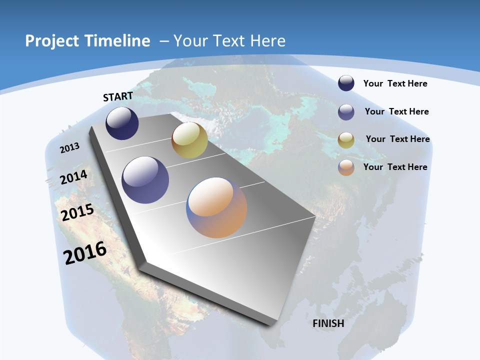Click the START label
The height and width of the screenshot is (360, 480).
118,96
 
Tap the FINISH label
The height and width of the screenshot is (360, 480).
328,323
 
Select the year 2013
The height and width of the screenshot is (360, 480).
70,148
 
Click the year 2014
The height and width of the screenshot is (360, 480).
74,177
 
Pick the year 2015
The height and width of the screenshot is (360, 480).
77,212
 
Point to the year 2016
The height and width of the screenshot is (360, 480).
85,252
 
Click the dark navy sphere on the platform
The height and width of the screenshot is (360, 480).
122,123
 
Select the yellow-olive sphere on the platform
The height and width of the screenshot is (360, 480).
189,140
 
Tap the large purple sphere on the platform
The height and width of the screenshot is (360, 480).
145,180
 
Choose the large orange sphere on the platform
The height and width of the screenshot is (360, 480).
216,207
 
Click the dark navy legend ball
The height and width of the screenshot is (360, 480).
346,83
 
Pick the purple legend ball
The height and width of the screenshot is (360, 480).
346,112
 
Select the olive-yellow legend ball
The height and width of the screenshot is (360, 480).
346,140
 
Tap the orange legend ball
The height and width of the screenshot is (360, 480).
346,167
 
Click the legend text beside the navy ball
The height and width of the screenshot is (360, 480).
395,83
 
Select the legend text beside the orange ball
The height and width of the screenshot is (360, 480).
395,167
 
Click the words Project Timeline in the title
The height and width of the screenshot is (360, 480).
87,41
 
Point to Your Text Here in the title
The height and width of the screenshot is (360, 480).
229,41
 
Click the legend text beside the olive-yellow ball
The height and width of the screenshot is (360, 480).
397,139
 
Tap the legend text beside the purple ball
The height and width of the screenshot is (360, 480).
396,111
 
